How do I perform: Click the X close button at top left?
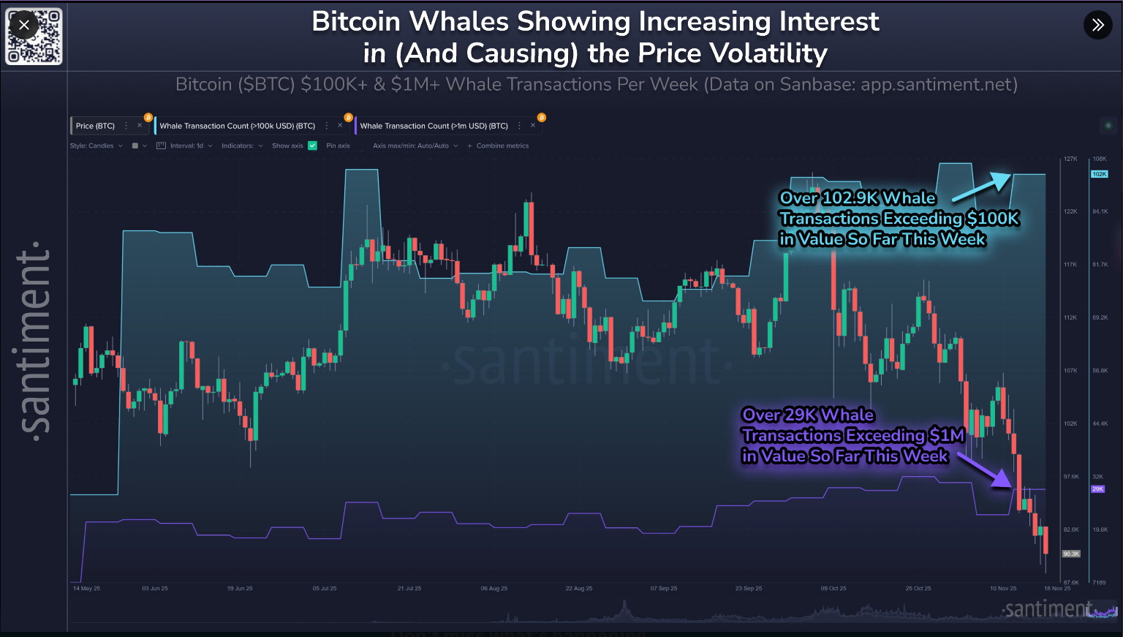coord(24,25)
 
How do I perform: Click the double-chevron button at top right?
coord(1097,25)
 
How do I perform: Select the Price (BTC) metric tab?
coord(95,126)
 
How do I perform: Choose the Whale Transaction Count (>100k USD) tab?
coord(237,126)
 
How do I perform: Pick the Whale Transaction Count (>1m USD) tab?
coord(434,126)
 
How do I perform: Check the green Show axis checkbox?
coord(312,146)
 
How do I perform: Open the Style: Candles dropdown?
coord(96,146)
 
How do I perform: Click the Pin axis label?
coord(338,146)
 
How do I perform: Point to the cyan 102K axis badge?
coord(1099,174)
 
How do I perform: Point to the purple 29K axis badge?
coord(1097,489)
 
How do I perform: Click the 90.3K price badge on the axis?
coord(1071,554)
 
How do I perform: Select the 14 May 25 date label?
coord(86,588)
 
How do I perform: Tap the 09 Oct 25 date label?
coord(833,588)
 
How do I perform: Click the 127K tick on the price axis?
coord(1070,159)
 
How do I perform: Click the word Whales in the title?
coord(458,22)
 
